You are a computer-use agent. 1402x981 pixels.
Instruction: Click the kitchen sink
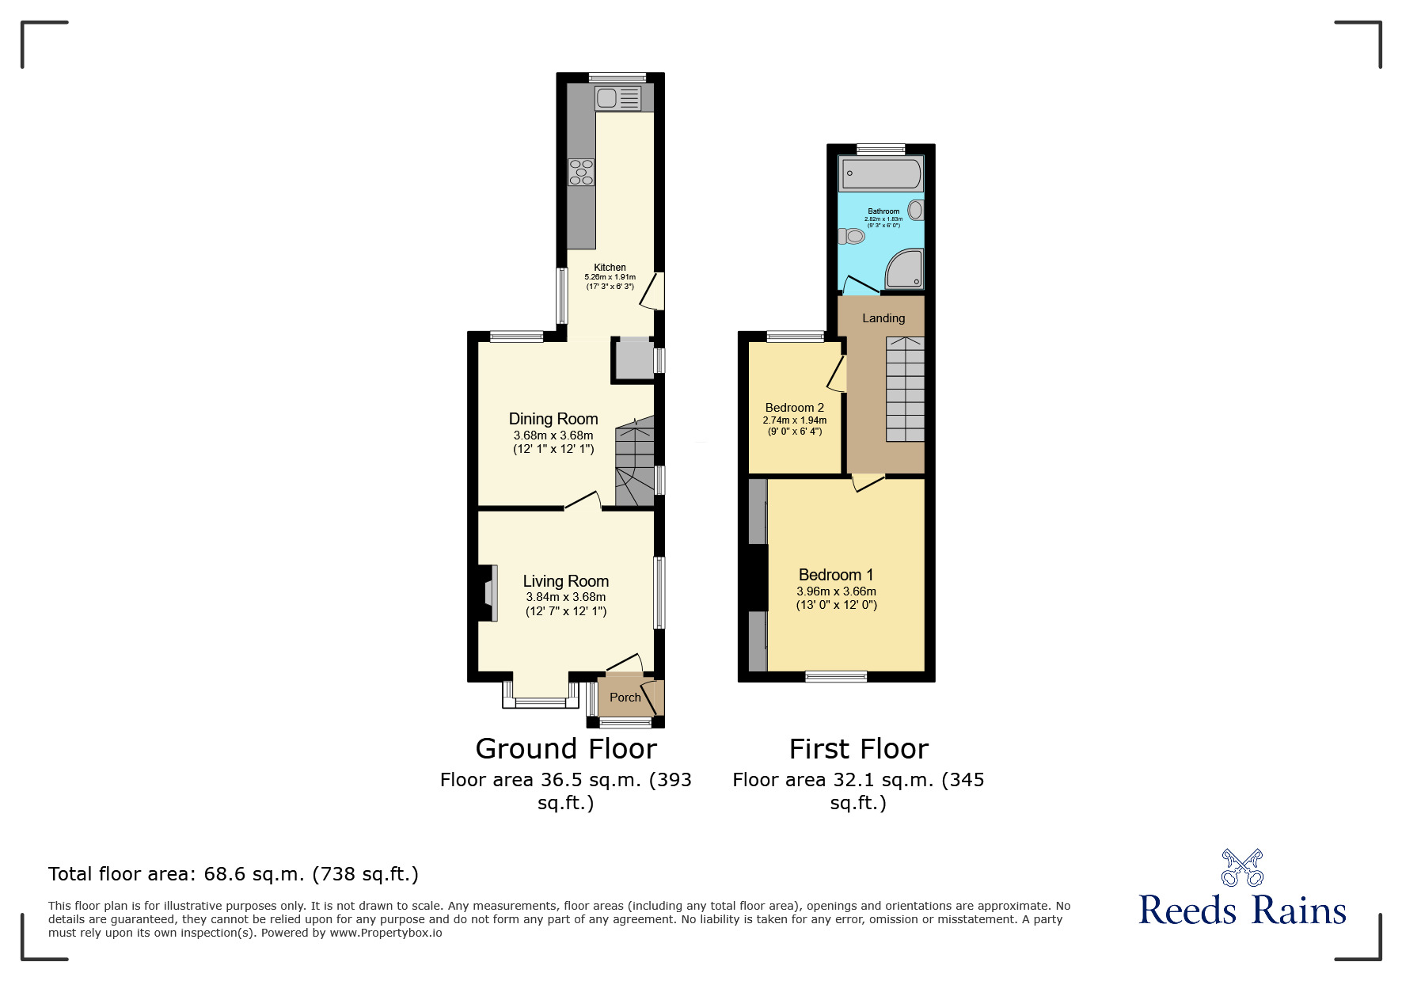coord(617,99)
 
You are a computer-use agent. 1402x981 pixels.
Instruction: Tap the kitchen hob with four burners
coord(581,173)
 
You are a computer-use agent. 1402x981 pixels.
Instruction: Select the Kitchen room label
coord(610,268)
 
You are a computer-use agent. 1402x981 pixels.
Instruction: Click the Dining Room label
coord(553,419)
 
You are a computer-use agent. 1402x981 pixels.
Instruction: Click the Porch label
coord(625,698)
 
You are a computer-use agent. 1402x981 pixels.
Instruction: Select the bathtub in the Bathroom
coord(881,174)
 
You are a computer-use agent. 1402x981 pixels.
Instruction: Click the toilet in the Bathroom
coord(852,236)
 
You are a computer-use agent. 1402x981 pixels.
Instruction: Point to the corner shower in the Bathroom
coord(904,269)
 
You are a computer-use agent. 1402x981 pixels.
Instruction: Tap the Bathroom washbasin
coord(915,211)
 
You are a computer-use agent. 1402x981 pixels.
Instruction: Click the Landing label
coord(883,318)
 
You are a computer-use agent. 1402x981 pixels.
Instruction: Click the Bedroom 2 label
coord(794,408)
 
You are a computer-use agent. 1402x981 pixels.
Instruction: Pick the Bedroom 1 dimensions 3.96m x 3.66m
coord(836,591)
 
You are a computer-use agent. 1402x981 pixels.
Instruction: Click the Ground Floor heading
coord(566,749)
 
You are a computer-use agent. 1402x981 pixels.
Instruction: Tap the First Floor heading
coord(858,749)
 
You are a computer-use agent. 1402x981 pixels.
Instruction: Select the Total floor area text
coord(233,874)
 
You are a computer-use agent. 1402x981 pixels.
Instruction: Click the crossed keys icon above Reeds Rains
coord(1242,868)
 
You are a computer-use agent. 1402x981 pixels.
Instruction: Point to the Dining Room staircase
coord(635,463)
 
